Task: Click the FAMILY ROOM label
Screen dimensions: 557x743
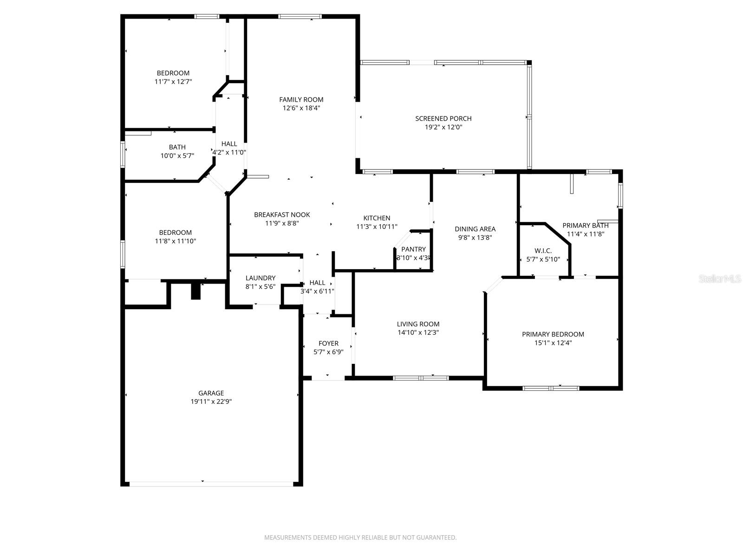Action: [x=301, y=99]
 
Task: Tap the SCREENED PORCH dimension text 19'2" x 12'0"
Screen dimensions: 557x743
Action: [x=443, y=127]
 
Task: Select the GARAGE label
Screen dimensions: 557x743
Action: [x=211, y=393]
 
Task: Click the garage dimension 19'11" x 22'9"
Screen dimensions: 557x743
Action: [x=211, y=402]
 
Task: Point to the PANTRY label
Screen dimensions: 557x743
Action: [x=413, y=249]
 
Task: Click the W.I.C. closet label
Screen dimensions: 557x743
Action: [x=543, y=251]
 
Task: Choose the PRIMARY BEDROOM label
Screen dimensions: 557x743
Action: [x=553, y=334]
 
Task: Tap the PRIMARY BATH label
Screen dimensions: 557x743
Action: [x=585, y=226]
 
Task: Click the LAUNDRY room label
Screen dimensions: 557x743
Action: [x=260, y=278]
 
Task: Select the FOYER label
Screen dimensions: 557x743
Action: [x=328, y=343]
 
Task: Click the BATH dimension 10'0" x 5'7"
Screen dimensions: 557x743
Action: [x=177, y=156]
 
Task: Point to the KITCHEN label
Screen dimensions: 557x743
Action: [x=377, y=218]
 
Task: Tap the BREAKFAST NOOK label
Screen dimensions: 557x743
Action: [x=282, y=214]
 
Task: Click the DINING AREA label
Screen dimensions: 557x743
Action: [x=475, y=229]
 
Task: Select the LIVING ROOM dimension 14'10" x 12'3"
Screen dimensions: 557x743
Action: [x=418, y=333]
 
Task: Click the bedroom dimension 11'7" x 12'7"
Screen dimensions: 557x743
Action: [x=173, y=82]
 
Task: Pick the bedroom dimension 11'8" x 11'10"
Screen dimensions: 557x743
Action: [x=175, y=241]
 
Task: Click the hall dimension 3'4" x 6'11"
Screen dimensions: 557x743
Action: [x=317, y=291]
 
